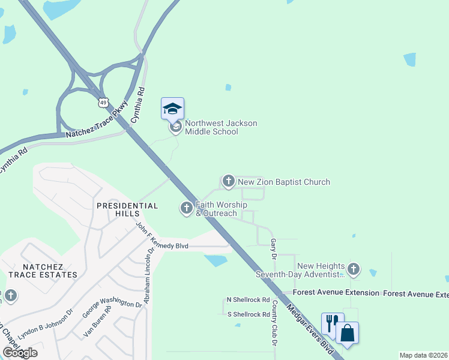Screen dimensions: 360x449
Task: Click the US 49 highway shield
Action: [104, 103]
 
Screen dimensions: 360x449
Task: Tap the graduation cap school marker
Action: [172, 109]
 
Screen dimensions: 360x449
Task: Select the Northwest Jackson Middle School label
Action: [221, 128]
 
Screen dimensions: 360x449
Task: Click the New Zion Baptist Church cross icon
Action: [228, 181]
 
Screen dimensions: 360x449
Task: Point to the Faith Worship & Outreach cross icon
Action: [186, 208]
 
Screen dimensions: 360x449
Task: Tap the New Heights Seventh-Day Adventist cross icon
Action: [354, 269]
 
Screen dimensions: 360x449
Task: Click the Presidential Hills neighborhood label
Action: [127, 209]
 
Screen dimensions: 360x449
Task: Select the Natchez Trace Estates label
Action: [50, 271]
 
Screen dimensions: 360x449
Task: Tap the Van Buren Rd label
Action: [97, 323]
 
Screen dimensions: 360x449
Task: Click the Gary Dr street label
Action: [274, 248]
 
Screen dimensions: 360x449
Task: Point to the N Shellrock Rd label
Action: [248, 300]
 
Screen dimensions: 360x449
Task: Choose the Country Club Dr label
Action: [274, 323]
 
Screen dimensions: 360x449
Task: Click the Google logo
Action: [20, 352]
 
